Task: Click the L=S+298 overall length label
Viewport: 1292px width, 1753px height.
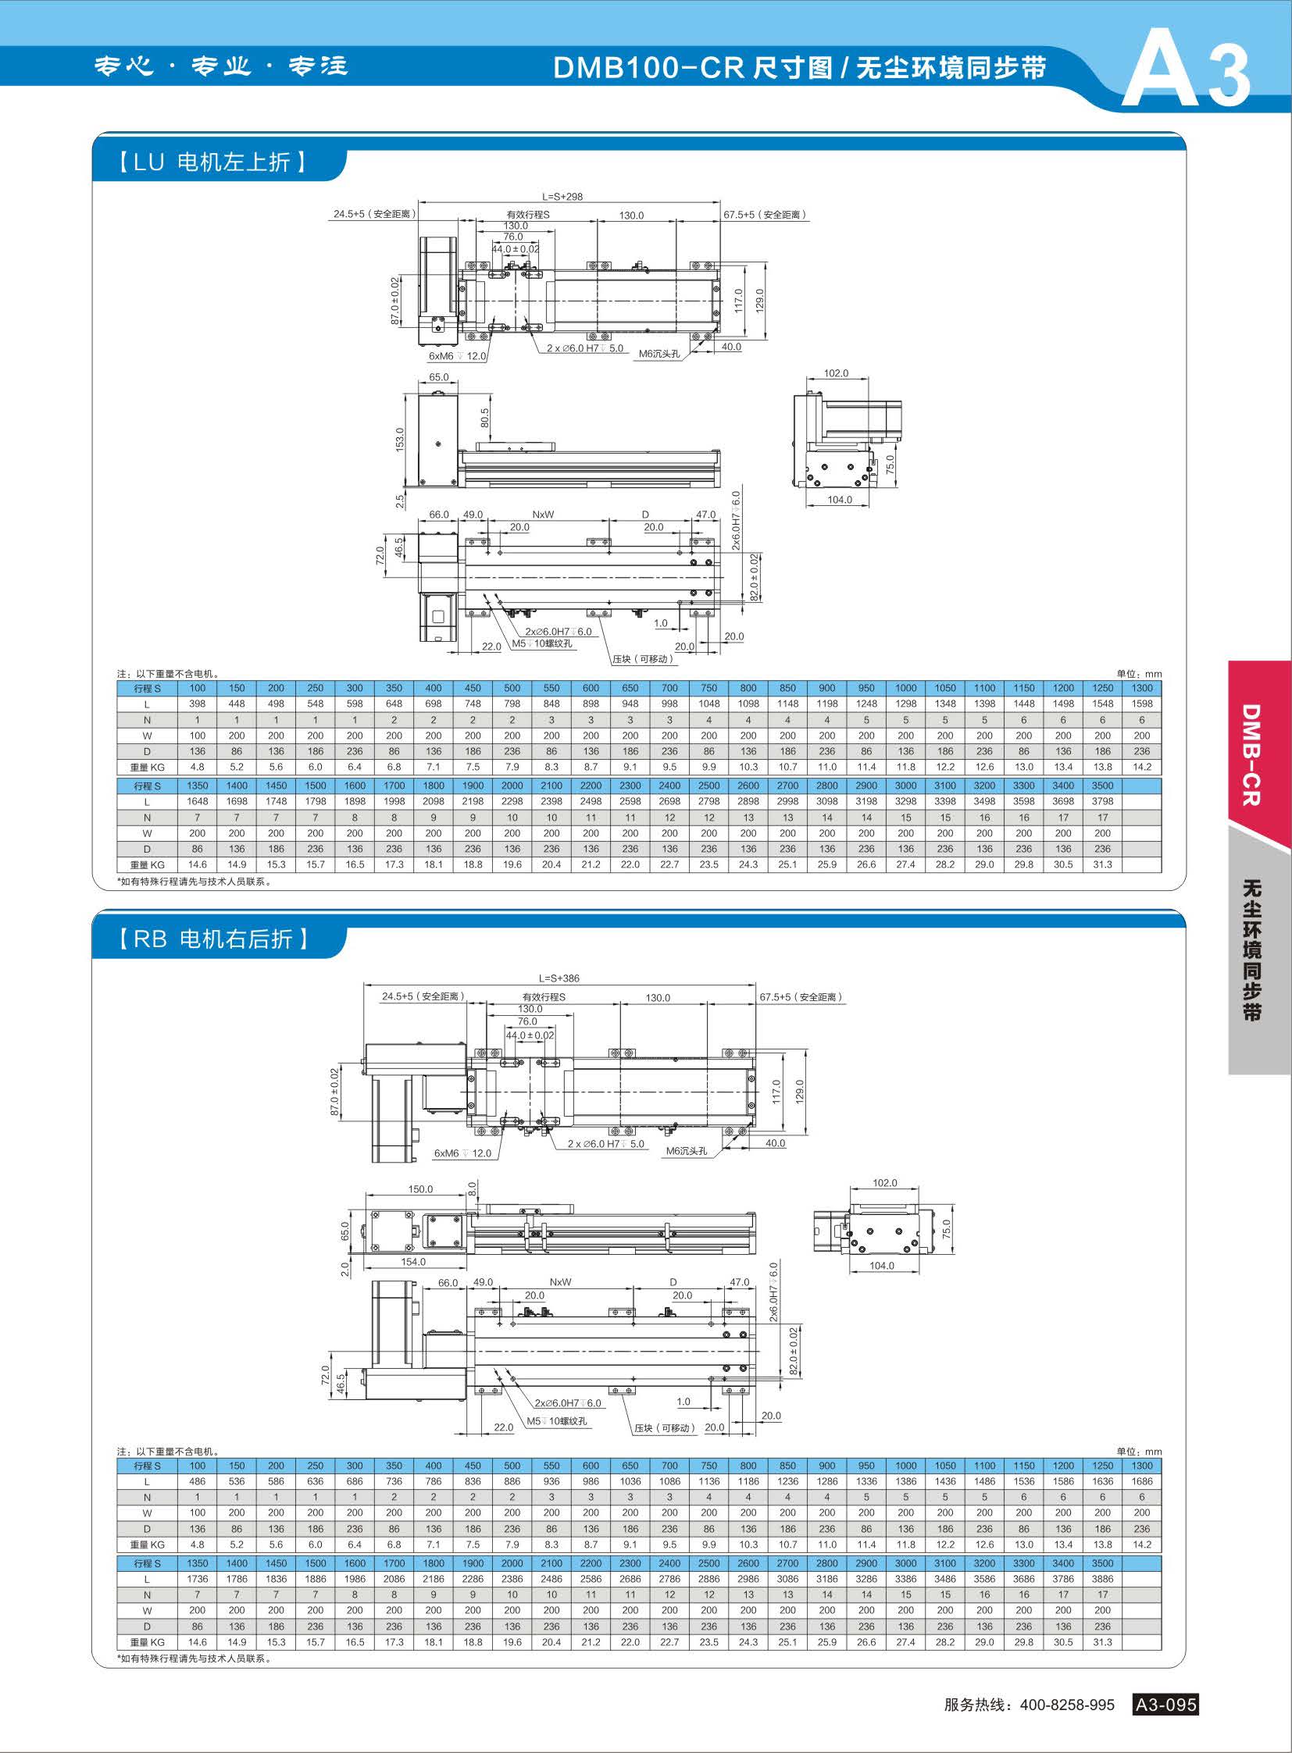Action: point(562,196)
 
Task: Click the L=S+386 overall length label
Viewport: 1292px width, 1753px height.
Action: point(559,978)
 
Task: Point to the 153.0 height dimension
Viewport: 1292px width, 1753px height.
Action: point(401,440)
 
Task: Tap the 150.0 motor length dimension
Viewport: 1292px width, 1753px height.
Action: point(420,1189)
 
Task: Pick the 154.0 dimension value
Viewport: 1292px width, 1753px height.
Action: point(413,1261)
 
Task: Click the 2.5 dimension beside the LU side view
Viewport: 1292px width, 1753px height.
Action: point(401,501)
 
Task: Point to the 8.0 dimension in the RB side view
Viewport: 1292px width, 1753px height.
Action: point(472,1187)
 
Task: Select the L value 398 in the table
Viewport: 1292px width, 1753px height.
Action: point(197,704)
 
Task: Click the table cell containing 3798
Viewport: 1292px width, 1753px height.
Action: point(1102,801)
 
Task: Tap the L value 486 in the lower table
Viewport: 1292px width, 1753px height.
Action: point(197,1481)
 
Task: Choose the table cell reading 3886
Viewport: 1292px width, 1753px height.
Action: point(1102,1579)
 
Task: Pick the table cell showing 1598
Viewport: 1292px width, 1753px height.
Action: point(1142,704)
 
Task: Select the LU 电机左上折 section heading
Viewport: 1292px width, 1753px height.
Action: point(212,162)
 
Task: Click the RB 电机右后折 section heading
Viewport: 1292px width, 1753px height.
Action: point(213,939)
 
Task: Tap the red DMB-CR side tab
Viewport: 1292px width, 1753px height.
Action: point(1251,754)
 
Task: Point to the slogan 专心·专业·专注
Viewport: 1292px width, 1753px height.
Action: point(221,66)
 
